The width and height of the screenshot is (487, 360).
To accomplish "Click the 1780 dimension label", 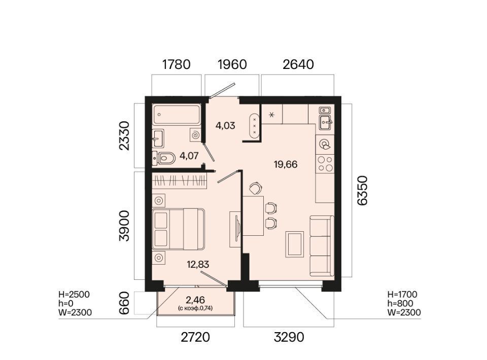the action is [x=177, y=64].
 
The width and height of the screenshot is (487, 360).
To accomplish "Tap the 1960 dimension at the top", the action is [x=232, y=64].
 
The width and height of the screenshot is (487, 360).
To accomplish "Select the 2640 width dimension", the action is [x=298, y=64].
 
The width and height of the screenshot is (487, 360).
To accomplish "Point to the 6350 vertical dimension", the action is [x=362, y=190].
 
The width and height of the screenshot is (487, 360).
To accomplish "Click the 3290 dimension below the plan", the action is [x=289, y=337].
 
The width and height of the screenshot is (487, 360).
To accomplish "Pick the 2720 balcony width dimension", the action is [x=195, y=337].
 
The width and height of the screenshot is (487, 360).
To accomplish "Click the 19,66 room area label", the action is [x=286, y=164].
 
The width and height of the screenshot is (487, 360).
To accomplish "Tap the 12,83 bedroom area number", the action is [x=198, y=265].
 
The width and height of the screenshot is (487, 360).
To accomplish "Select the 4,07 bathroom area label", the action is [x=189, y=156].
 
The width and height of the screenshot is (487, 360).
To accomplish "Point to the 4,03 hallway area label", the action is [x=225, y=126].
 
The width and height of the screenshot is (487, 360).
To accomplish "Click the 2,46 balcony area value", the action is [x=195, y=300].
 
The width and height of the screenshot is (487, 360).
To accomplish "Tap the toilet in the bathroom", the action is [x=164, y=159].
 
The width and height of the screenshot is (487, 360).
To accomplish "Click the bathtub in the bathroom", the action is [x=177, y=115].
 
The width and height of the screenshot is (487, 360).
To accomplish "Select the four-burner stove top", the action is [x=325, y=164].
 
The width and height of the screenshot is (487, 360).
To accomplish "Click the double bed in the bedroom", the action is [x=178, y=229].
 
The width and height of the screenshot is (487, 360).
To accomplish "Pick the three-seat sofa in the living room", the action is [x=322, y=246].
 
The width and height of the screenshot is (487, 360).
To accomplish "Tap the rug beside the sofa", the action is [x=295, y=244].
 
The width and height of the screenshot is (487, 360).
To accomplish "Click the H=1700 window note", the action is [x=402, y=295].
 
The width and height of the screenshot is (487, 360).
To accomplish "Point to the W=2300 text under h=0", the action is [x=75, y=312].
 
